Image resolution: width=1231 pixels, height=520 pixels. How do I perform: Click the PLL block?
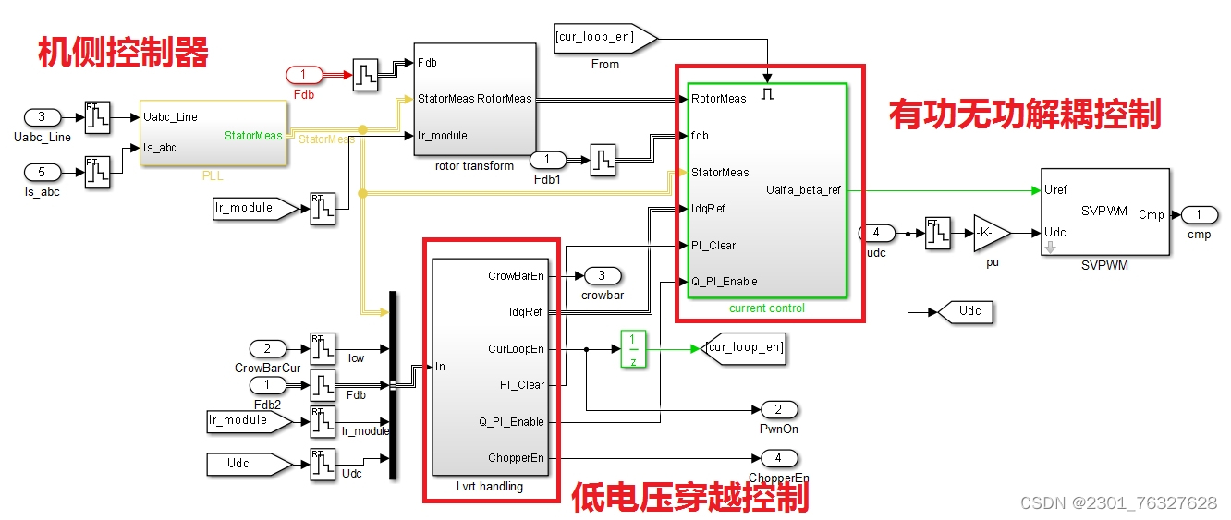213,133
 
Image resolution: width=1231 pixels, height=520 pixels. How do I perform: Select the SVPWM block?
1104,212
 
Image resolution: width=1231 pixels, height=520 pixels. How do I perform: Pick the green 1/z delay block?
633,349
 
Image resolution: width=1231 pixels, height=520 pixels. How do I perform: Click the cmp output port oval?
1199,214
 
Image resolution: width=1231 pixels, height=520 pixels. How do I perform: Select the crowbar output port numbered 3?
602,275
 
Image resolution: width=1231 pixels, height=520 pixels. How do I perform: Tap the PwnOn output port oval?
779,409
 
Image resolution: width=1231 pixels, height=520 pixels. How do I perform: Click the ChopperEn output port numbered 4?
778,457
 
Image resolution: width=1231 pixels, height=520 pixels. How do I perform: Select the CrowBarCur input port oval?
268,349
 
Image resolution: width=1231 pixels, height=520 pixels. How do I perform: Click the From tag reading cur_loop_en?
603,38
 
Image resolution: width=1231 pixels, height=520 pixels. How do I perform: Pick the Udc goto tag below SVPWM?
966,311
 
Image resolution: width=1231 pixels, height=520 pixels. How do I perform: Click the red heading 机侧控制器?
123,54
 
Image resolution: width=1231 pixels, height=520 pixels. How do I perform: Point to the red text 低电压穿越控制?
689,499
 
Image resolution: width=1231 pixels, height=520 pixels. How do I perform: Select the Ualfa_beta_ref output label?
803,190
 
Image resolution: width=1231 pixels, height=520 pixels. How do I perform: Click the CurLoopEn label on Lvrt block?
516,349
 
